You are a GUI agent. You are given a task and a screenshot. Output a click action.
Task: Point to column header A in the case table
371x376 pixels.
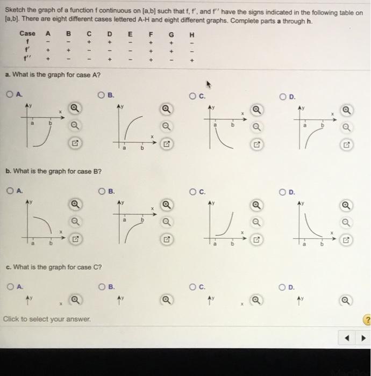[x=47, y=33]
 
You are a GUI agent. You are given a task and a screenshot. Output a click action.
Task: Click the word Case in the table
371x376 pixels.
[x=27, y=33]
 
